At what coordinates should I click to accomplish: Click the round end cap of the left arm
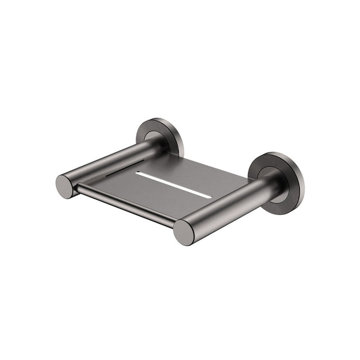click(x=65, y=186)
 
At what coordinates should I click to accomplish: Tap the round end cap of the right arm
click(x=185, y=232)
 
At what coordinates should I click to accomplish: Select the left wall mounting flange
click(x=160, y=137)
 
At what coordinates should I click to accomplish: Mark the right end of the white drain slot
click(x=210, y=196)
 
